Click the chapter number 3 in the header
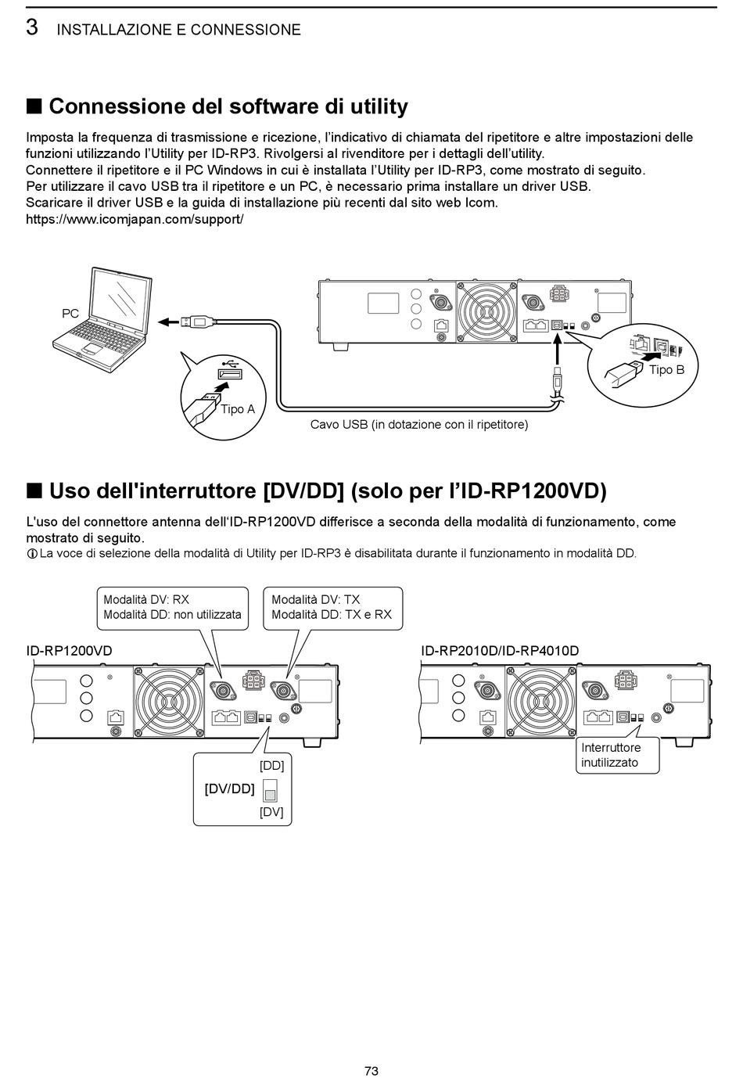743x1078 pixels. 32,27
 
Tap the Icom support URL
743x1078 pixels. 135,219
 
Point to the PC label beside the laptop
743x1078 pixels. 70,314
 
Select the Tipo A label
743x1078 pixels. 238,409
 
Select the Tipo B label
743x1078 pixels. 666,369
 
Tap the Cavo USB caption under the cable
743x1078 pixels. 419,425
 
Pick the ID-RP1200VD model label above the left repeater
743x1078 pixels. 70,651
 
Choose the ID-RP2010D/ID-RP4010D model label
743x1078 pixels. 500,651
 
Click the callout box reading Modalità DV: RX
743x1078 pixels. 172,607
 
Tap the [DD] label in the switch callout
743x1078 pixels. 271,765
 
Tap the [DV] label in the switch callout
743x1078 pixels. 271,812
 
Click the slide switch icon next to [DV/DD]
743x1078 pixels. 271,789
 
